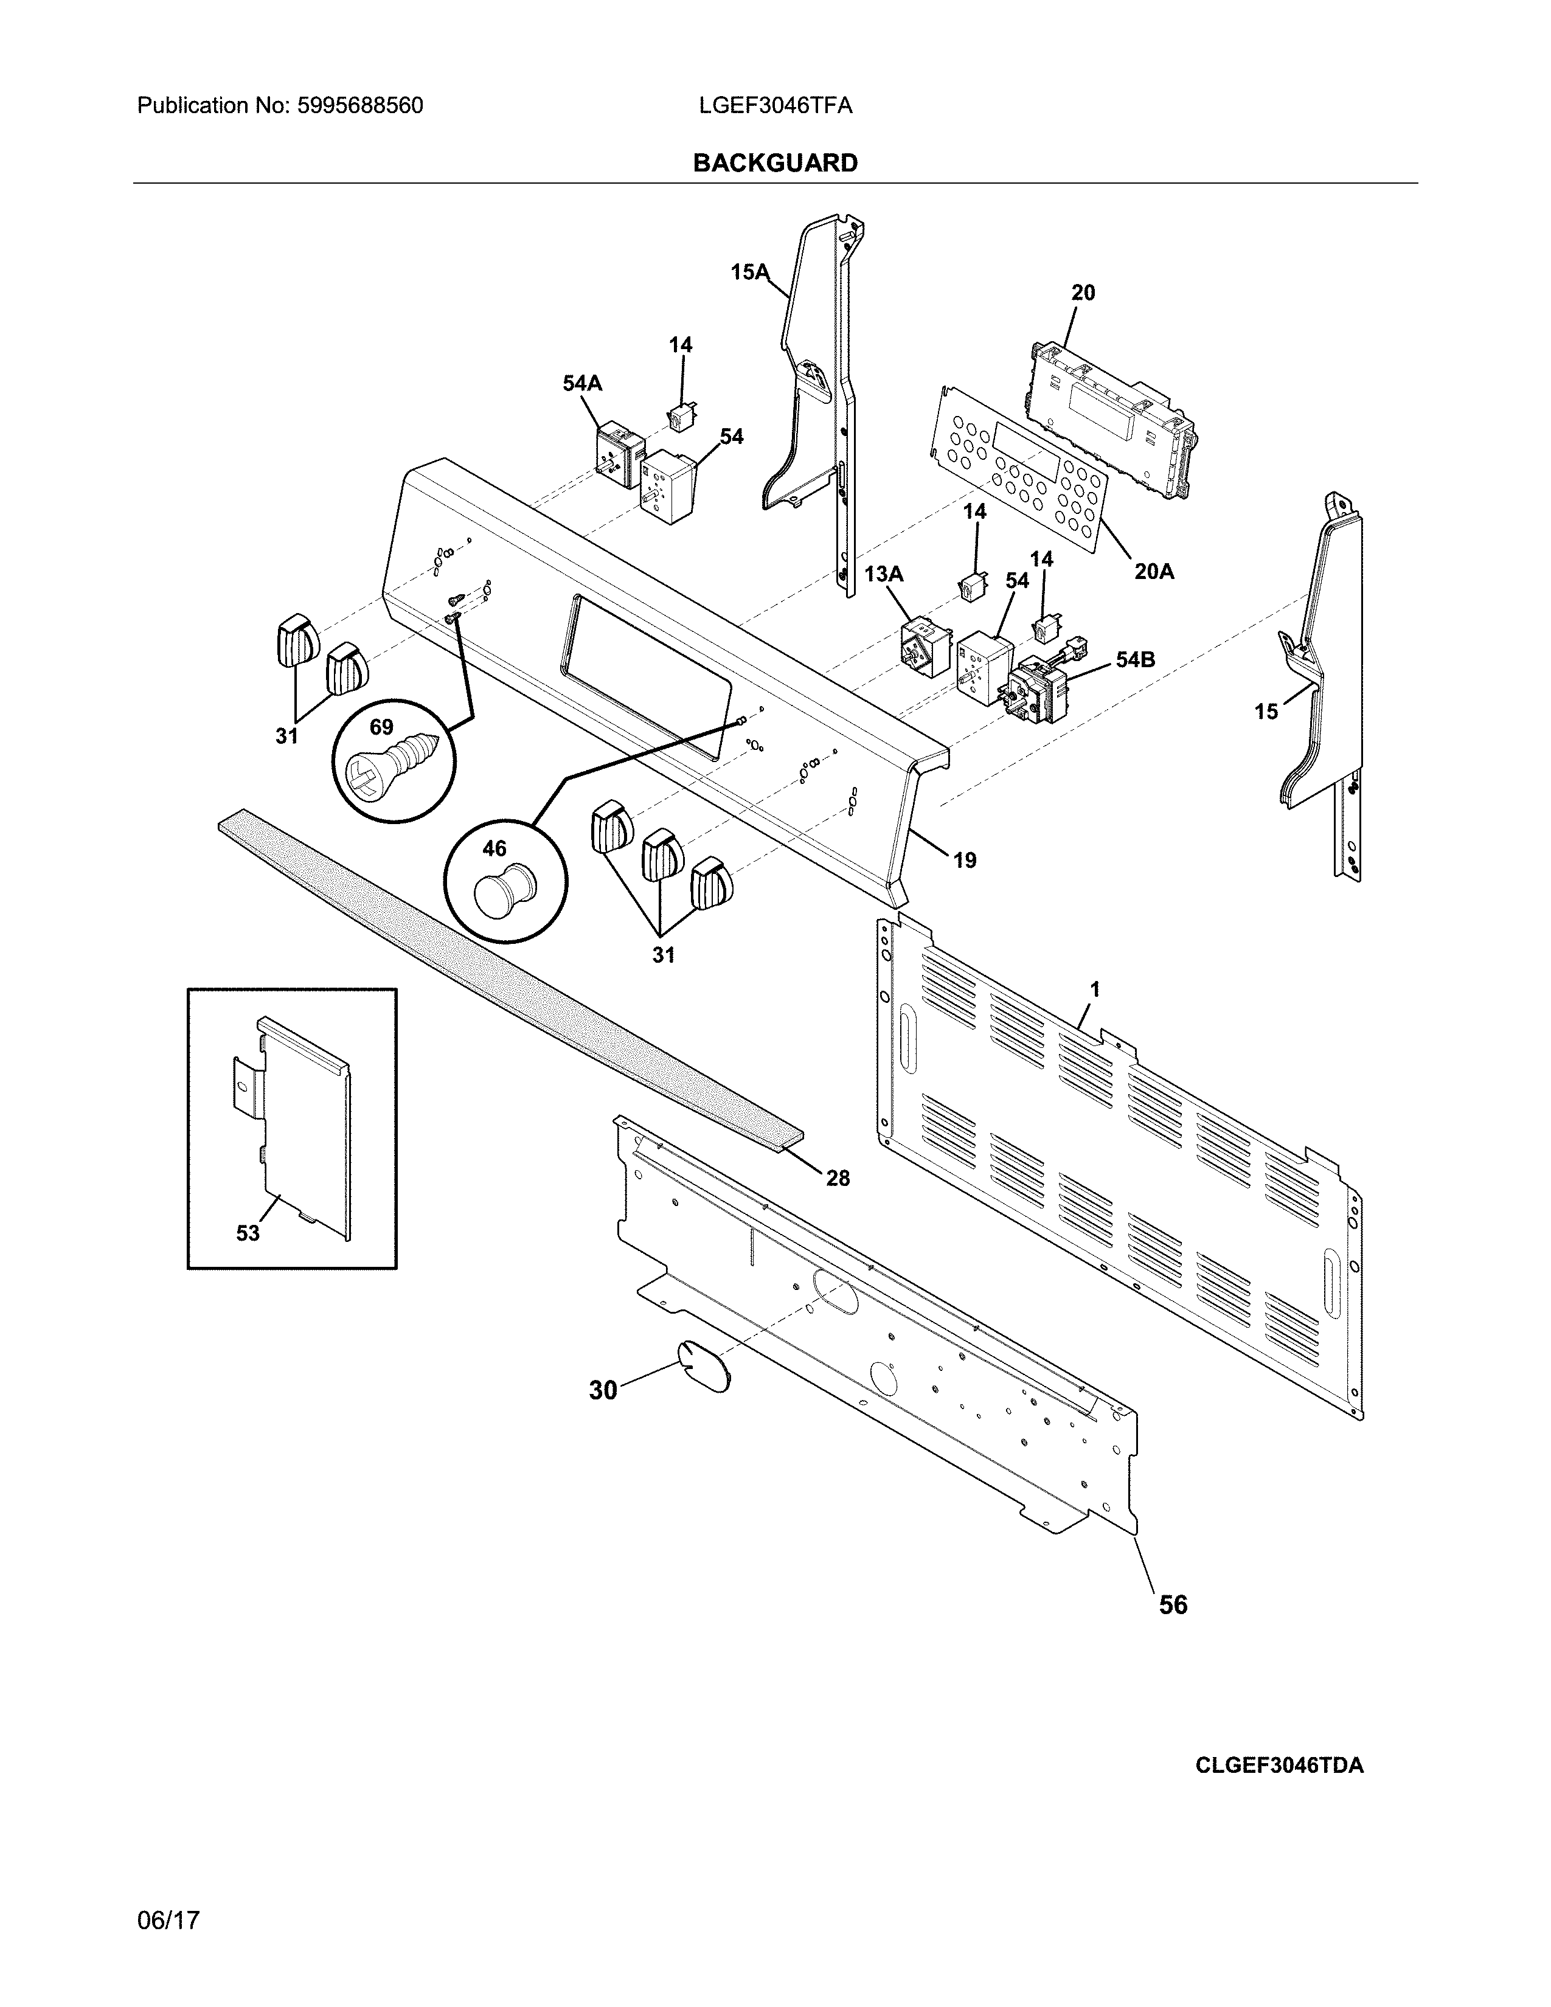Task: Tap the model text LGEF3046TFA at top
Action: tap(774, 106)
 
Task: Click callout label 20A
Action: tap(1153, 572)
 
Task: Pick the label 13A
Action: tap(883, 574)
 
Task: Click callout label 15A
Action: tap(749, 272)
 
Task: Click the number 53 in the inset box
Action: tap(248, 1233)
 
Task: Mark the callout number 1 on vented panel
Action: tap(1094, 989)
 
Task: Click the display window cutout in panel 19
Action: tap(648, 676)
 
